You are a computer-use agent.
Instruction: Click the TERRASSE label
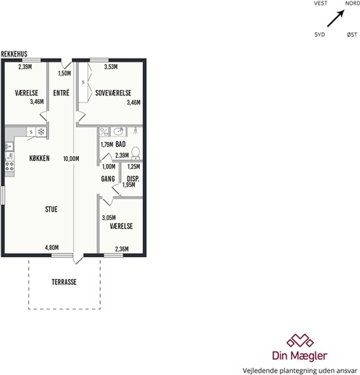pyautogui.click(x=64, y=282)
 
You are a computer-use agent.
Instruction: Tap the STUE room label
pyautogui.click(x=52, y=209)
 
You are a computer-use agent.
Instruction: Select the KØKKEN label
pyautogui.click(x=39, y=159)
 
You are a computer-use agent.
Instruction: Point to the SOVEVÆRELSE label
pyautogui.click(x=113, y=93)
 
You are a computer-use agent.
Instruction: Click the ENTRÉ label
pyautogui.click(x=61, y=93)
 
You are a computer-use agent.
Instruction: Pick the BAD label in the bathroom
pyautogui.click(x=120, y=145)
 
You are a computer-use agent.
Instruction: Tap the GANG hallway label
pyautogui.click(x=108, y=179)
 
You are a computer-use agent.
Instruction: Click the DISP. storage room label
pyautogui.click(x=133, y=179)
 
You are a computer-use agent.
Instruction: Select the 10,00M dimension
pyautogui.click(x=71, y=159)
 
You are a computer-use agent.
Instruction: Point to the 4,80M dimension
pyautogui.click(x=52, y=248)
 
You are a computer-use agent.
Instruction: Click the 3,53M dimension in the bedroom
pyautogui.click(x=111, y=67)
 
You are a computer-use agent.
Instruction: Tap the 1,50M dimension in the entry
pyautogui.click(x=65, y=73)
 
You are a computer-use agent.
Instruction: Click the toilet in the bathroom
pyautogui.click(x=136, y=153)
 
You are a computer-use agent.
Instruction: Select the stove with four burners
pyautogui.click(x=9, y=166)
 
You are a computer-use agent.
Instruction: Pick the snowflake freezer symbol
pyautogui.click(x=41, y=132)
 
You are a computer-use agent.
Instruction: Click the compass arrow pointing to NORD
pyautogui.click(x=336, y=18)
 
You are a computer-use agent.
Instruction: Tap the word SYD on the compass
pyautogui.click(x=319, y=34)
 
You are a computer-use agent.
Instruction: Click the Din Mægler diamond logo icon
pyautogui.click(x=300, y=341)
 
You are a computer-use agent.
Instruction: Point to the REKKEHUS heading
pyautogui.click(x=14, y=54)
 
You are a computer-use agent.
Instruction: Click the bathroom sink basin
pyautogui.click(x=119, y=131)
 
